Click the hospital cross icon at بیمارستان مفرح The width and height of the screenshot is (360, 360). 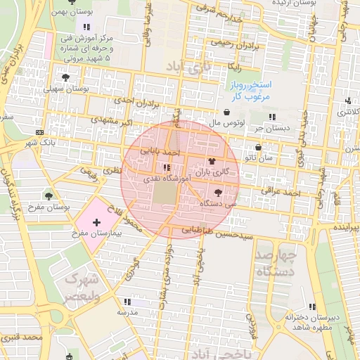[x=96, y=222]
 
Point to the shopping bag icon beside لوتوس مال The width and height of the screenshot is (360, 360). [x=226, y=112]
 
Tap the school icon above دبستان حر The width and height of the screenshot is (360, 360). [x=272, y=117]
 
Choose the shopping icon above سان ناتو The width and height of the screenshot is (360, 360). [x=259, y=148]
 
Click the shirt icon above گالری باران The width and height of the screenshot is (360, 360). [x=212, y=162]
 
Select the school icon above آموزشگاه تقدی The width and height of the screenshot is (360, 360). [x=167, y=167]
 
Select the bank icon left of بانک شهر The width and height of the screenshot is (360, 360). [x=39, y=133]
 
